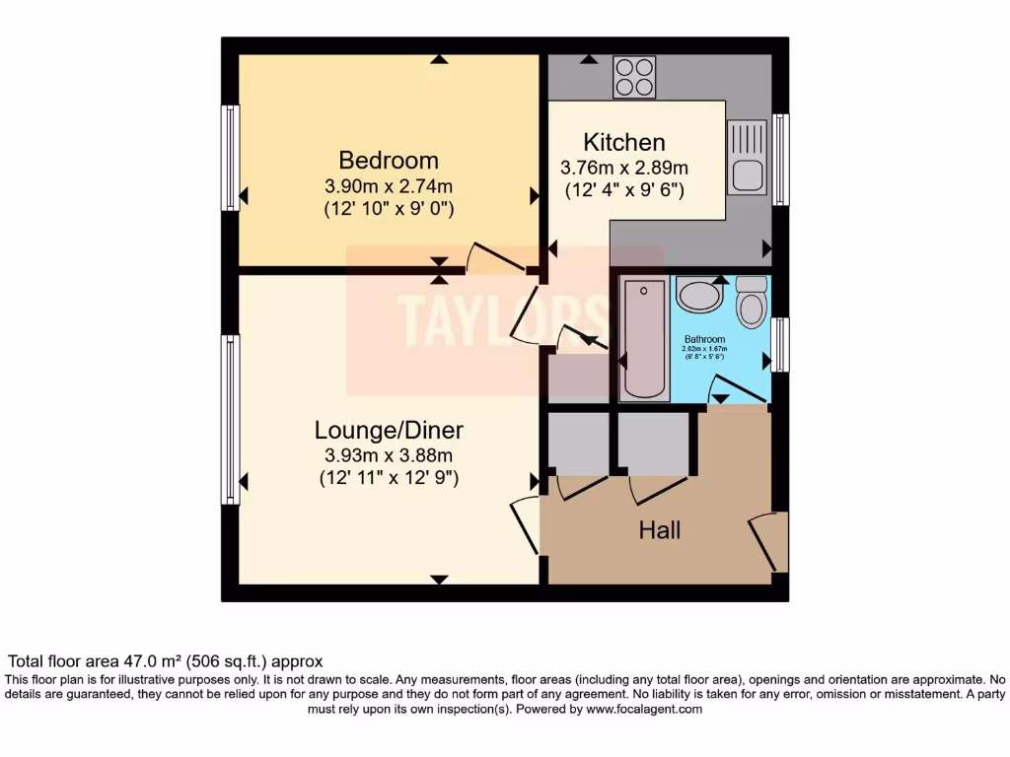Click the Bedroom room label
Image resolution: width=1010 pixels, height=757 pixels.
click(389, 160)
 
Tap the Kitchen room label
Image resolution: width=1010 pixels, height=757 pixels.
click(623, 142)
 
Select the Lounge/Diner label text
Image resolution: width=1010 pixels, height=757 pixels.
click(389, 430)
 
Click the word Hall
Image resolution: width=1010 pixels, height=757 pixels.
click(660, 530)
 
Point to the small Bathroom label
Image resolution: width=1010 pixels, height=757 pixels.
click(704, 340)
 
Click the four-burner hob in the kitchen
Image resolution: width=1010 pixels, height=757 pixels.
click(635, 77)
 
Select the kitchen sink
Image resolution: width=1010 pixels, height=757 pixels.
click(747, 158)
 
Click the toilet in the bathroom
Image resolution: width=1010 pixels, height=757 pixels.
click(752, 303)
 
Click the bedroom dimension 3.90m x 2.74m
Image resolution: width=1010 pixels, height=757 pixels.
click(389, 186)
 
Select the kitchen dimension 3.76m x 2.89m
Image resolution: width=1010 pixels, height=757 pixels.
click(623, 167)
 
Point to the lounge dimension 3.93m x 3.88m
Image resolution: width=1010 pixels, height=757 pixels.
click(389, 455)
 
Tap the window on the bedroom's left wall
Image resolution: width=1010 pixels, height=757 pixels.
click(230, 158)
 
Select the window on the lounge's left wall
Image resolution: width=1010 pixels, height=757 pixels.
click(230, 420)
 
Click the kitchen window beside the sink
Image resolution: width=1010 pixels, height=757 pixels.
click(780, 160)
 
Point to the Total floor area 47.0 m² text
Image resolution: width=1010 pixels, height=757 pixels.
click(166, 661)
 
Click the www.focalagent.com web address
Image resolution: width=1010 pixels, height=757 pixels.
click(644, 709)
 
